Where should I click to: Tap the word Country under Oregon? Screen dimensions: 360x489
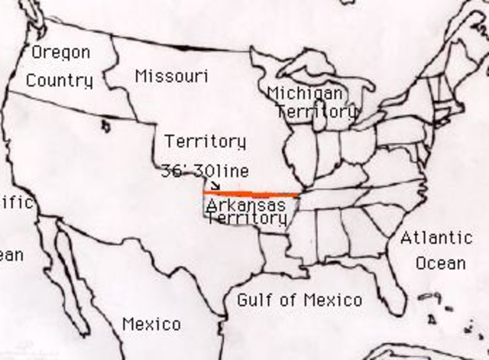pyautogui.click(x=60, y=80)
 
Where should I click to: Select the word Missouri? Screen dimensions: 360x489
pyautogui.click(x=172, y=76)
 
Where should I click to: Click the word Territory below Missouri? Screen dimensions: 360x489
pyautogui.click(x=205, y=142)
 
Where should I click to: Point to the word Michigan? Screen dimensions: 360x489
pyautogui.click(x=305, y=93)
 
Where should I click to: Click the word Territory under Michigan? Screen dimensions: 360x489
pyautogui.click(x=316, y=112)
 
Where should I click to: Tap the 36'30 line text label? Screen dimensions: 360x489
pyautogui.click(x=205, y=171)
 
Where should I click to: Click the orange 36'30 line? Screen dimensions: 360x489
pyautogui.click(x=252, y=193)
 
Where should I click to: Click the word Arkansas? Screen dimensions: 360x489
pyautogui.click(x=246, y=205)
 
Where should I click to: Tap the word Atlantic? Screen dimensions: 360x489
pyautogui.click(x=436, y=238)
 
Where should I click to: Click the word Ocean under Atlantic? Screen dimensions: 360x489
pyautogui.click(x=440, y=264)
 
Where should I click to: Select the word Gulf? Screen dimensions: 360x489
pyautogui.click(x=254, y=300)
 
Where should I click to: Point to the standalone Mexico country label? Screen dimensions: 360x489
pyautogui.click(x=151, y=325)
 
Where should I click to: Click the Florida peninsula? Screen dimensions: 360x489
pyautogui.click(x=393, y=287)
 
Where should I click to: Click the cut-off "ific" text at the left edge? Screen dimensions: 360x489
pyautogui.click(x=16, y=203)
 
